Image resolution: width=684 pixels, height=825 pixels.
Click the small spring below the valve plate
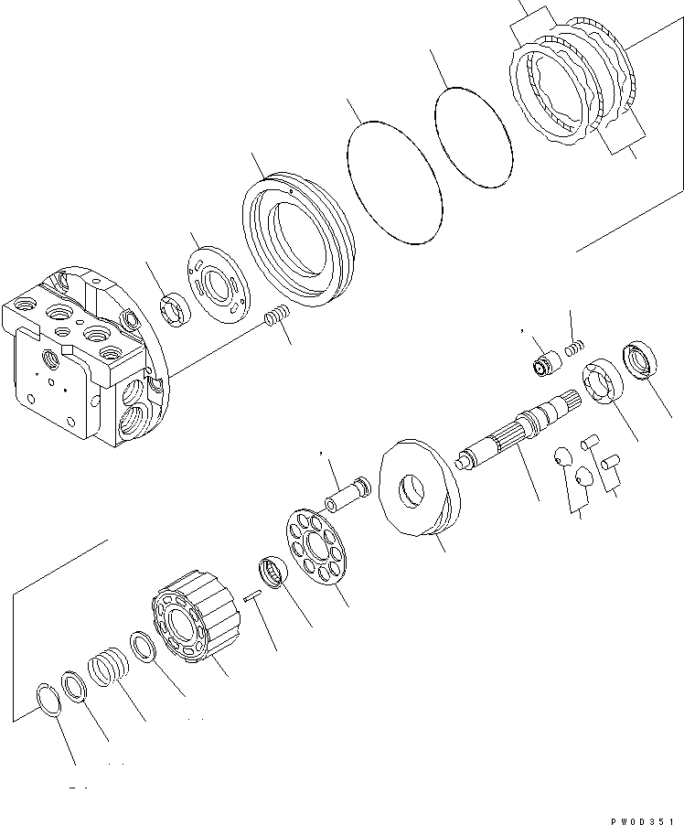point(274,319)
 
